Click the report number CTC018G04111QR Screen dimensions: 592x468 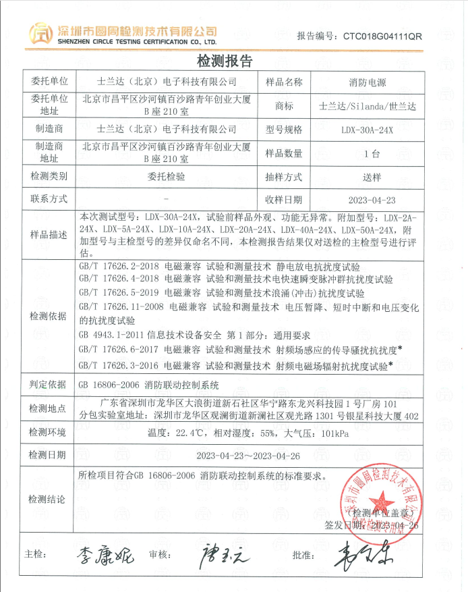tap(382, 36)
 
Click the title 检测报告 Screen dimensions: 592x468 tap(224, 61)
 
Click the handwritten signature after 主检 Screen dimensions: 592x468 tap(104, 556)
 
